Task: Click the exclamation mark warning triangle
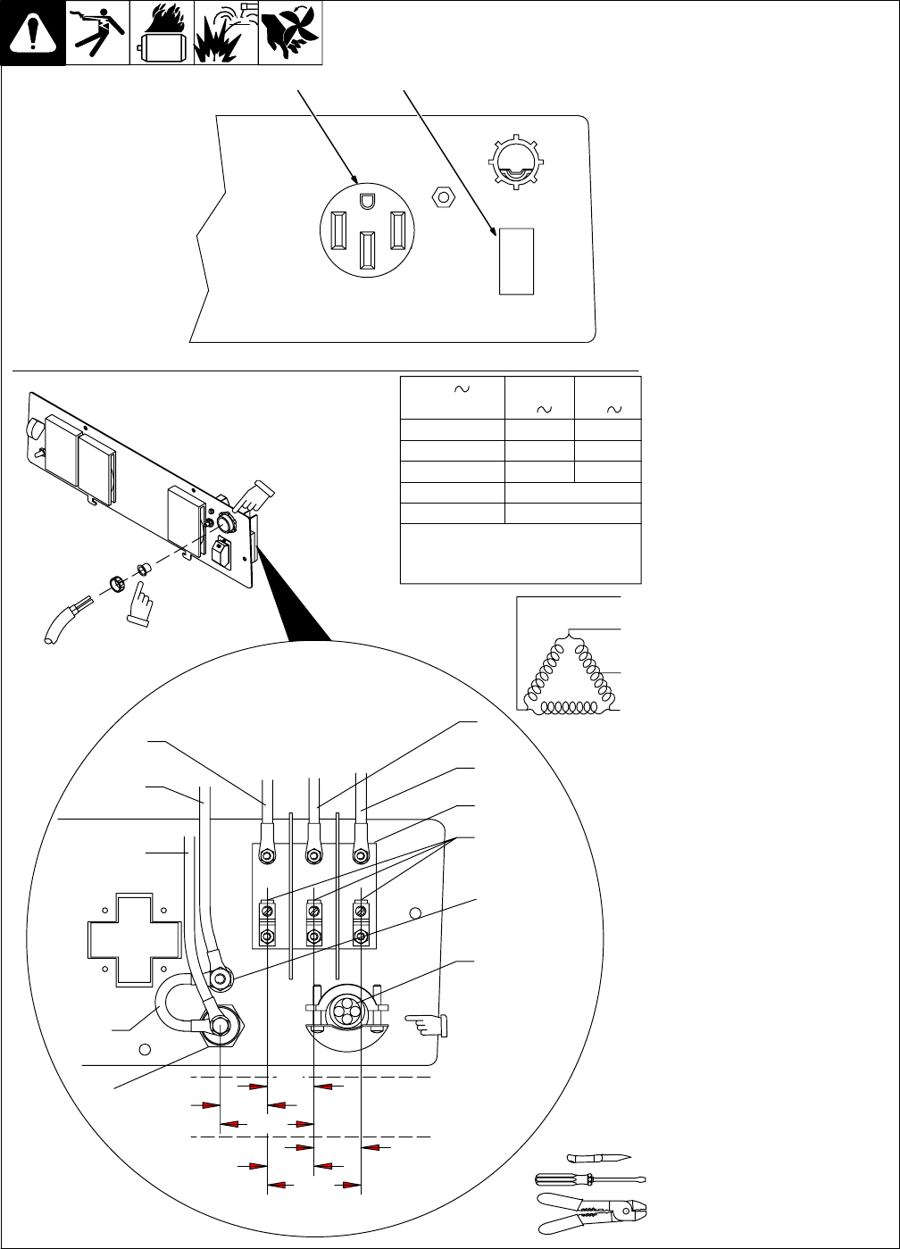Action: [x=33, y=34]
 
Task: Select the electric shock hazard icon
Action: [x=97, y=34]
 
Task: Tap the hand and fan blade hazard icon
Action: [x=290, y=34]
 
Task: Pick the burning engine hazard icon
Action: [x=162, y=34]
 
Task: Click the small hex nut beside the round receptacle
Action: [x=439, y=196]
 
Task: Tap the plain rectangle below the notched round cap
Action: [x=516, y=261]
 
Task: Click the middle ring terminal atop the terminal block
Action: [x=313, y=854]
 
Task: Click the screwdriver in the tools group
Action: [x=589, y=1178]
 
